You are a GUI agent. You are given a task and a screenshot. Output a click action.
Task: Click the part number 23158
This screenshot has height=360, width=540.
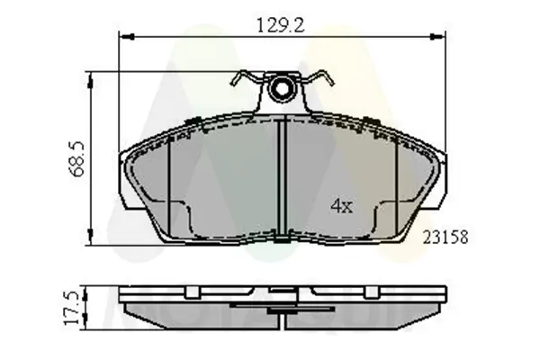click(x=448, y=238)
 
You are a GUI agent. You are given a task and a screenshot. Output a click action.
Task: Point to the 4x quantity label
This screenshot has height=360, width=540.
click(x=340, y=206)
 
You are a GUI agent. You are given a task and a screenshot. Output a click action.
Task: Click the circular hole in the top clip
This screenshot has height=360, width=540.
click(x=283, y=89)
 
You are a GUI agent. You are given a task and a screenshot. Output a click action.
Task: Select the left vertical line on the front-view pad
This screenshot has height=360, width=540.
click(x=171, y=180)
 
